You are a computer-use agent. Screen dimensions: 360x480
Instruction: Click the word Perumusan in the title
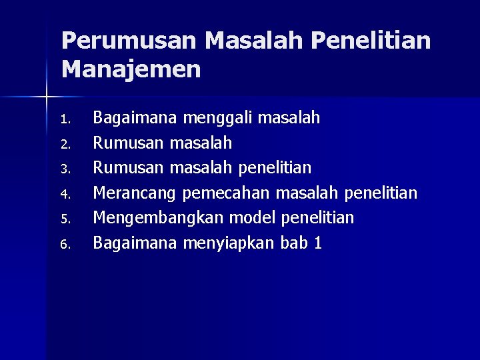coord(129,41)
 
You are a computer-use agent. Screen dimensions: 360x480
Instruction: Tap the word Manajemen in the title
coord(131,69)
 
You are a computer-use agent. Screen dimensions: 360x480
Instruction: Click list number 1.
coord(65,121)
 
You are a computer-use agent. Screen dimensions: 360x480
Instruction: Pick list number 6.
coord(65,245)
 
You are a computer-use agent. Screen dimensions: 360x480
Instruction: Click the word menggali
coord(217,119)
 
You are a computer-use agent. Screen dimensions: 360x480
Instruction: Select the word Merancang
coord(134,194)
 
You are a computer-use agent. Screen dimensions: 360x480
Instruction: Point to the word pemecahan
coord(225,194)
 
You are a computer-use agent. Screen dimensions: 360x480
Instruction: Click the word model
coord(253,218)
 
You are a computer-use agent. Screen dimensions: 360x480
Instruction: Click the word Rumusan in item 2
coord(129,143)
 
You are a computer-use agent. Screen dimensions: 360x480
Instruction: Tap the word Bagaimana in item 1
coord(135,119)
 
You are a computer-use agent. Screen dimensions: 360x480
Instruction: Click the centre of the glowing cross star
coord(47,97)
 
